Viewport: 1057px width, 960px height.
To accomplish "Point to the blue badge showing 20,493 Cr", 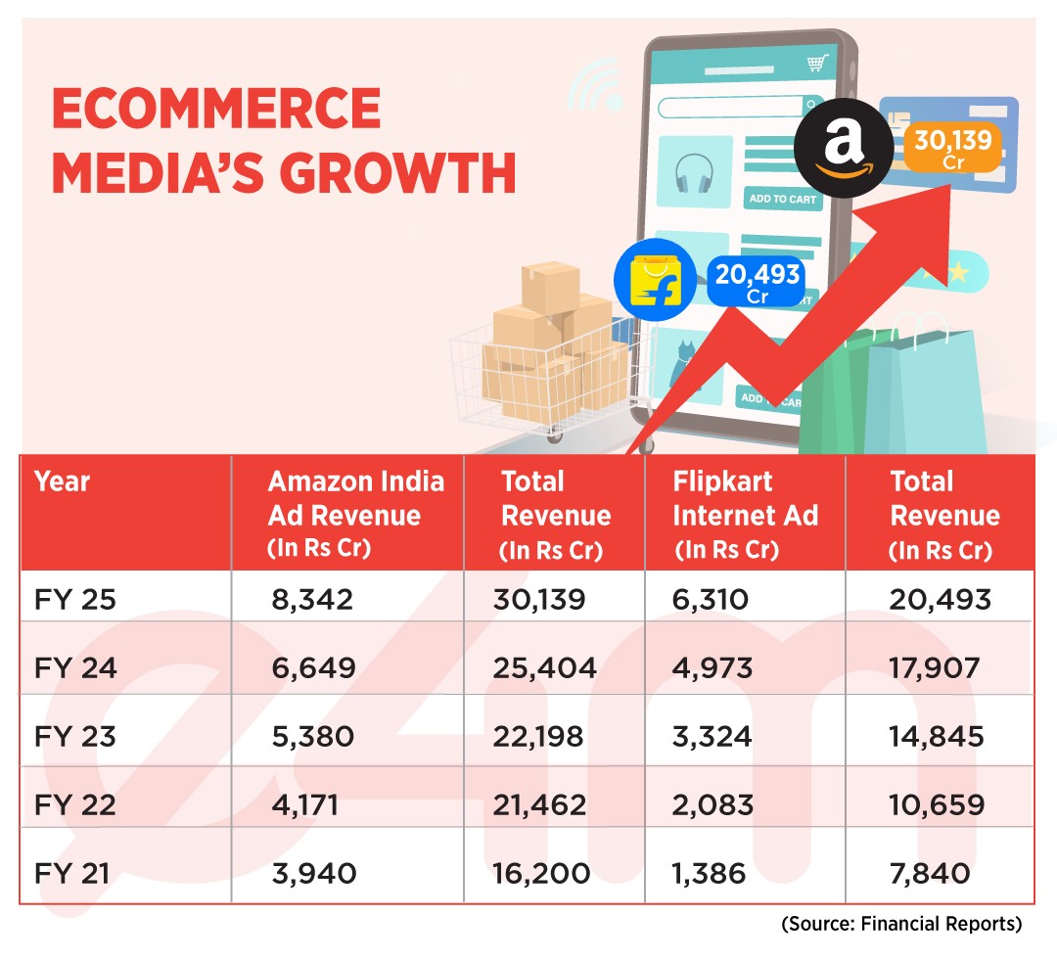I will point(757,282).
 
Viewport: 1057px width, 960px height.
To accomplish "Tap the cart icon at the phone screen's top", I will point(814,64).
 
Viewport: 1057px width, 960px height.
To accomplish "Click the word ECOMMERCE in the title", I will point(216,110).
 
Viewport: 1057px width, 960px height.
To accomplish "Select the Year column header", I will point(63,481).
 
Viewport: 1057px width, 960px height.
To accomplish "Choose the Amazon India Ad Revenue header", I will point(356,514).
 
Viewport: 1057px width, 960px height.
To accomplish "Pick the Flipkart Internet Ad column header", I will point(745,514).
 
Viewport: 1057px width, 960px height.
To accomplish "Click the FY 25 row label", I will point(74,599).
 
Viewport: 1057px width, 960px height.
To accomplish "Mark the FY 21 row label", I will point(74,873).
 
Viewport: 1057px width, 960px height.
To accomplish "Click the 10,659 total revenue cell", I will point(936,804).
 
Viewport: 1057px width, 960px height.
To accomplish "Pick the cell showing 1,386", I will point(711,873).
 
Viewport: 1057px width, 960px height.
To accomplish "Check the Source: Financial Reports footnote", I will point(901,924).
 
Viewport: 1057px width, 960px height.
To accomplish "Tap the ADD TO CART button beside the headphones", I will point(782,199).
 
